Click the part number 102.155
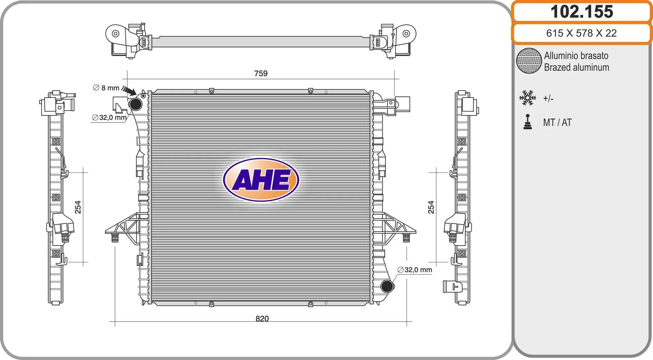point(582,12)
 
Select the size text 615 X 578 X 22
point(581,33)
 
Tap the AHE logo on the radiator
point(261,180)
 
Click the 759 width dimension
point(261,73)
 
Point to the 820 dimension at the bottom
point(262,318)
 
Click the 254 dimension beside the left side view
point(78,207)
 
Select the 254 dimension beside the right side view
point(431,207)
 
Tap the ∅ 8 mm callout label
point(106,88)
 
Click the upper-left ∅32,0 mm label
point(109,117)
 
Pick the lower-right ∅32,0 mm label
point(415,270)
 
